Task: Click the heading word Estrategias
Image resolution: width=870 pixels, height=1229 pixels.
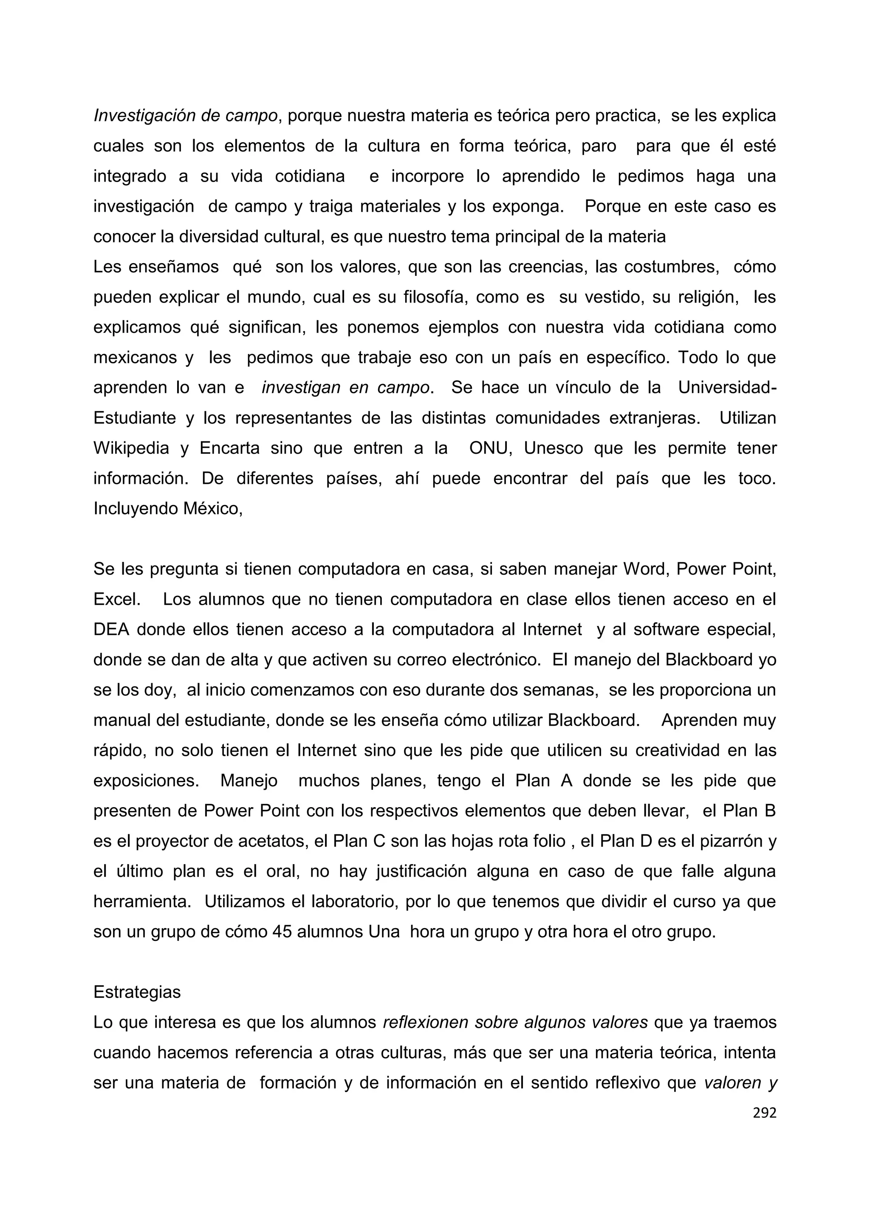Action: [137, 992]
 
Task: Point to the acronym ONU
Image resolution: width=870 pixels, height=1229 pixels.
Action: [488, 448]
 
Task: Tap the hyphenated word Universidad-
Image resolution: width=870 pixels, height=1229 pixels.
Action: [727, 387]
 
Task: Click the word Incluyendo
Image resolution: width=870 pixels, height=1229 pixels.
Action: [136, 508]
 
